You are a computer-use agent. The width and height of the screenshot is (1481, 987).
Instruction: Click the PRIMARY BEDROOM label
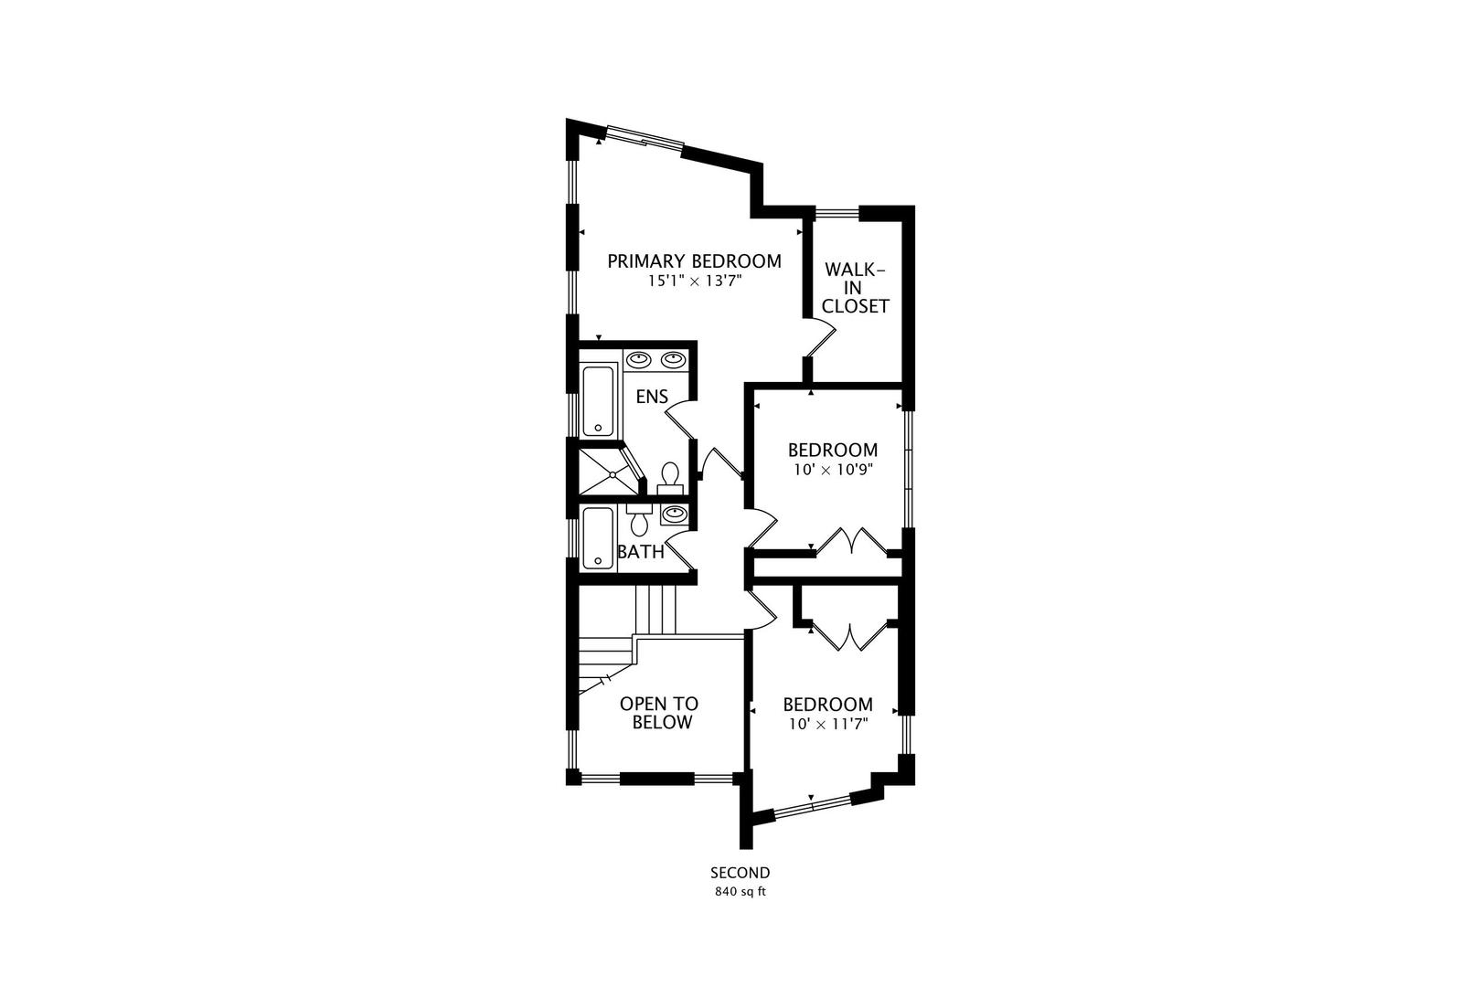click(694, 261)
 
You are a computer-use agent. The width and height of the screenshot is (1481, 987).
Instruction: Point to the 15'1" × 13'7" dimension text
click(695, 281)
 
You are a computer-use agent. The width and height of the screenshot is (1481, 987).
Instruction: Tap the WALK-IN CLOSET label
click(855, 288)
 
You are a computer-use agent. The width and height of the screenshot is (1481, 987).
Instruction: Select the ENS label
click(652, 397)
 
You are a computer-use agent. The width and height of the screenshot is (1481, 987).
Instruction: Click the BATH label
click(641, 552)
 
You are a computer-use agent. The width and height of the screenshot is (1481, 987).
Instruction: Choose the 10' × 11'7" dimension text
click(828, 725)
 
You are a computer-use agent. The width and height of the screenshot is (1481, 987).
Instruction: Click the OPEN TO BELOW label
click(659, 713)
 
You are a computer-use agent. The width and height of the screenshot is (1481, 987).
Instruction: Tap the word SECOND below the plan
click(740, 873)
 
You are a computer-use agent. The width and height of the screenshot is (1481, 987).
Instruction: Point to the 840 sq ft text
click(740, 892)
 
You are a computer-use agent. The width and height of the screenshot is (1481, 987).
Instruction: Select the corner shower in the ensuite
click(611, 472)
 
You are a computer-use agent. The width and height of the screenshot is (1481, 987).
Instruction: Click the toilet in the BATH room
click(639, 520)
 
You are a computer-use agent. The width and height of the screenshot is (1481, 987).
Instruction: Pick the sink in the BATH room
click(675, 513)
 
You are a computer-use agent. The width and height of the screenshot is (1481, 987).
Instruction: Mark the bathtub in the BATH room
click(599, 538)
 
